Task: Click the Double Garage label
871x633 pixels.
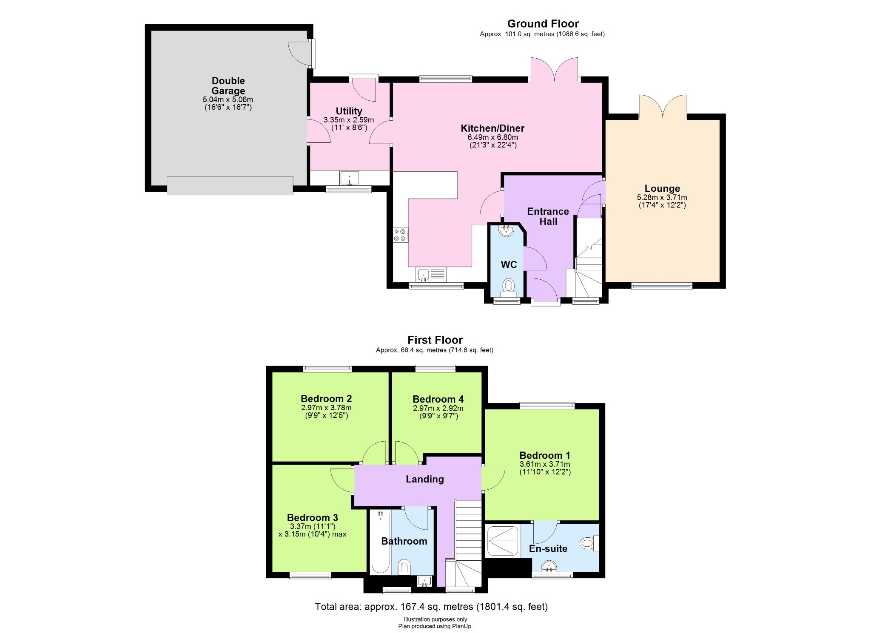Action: click(x=228, y=85)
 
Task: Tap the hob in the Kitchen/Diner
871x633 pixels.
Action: click(x=400, y=235)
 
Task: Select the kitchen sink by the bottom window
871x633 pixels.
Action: click(x=424, y=275)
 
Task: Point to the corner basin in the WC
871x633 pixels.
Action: click(x=506, y=231)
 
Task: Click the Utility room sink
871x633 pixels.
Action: click(x=350, y=178)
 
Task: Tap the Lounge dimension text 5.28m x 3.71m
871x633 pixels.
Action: click(x=662, y=197)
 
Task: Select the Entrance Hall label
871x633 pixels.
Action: click(x=548, y=216)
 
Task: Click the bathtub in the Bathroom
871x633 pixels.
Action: click(x=380, y=542)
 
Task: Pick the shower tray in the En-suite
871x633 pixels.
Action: click(x=503, y=541)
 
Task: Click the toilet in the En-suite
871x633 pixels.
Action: click(x=589, y=543)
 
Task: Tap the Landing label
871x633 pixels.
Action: click(x=424, y=479)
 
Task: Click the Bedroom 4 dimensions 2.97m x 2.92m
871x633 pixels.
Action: click(x=438, y=408)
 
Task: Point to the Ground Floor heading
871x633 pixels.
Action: click(x=543, y=24)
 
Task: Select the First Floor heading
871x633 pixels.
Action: click(x=435, y=340)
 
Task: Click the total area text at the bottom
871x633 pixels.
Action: click(x=431, y=607)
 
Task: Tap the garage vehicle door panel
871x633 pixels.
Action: click(x=230, y=186)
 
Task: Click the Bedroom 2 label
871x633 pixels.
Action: click(x=326, y=399)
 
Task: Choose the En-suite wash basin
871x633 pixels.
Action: click(x=549, y=566)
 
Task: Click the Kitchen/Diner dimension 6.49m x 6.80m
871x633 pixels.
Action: click(x=492, y=137)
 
